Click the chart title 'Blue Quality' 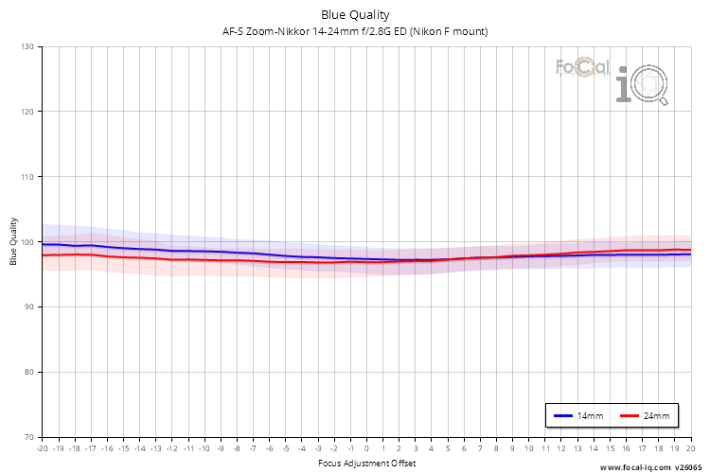pyautogui.click(x=354, y=14)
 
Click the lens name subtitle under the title pyautogui.click(x=354, y=31)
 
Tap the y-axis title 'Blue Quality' pyautogui.click(x=14, y=241)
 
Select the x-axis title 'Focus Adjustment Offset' pyautogui.click(x=365, y=464)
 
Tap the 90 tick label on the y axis pyautogui.click(x=28, y=307)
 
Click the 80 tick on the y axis pyautogui.click(x=28, y=372)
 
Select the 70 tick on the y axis pyautogui.click(x=28, y=437)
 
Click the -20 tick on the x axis pyautogui.click(x=42, y=449)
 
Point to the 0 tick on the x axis pyautogui.click(x=366, y=449)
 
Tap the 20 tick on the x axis pyautogui.click(x=690, y=449)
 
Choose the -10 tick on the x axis pyautogui.click(x=204, y=449)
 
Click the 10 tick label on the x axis pyautogui.click(x=528, y=449)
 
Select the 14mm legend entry pyautogui.click(x=577, y=416)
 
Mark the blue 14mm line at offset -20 pyautogui.click(x=43, y=244)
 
